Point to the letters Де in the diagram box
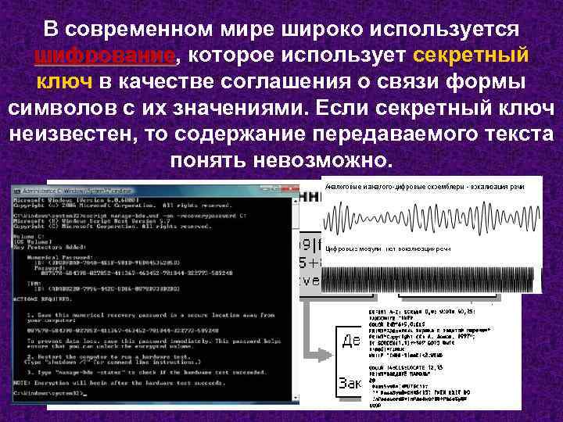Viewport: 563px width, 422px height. coord(350,342)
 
